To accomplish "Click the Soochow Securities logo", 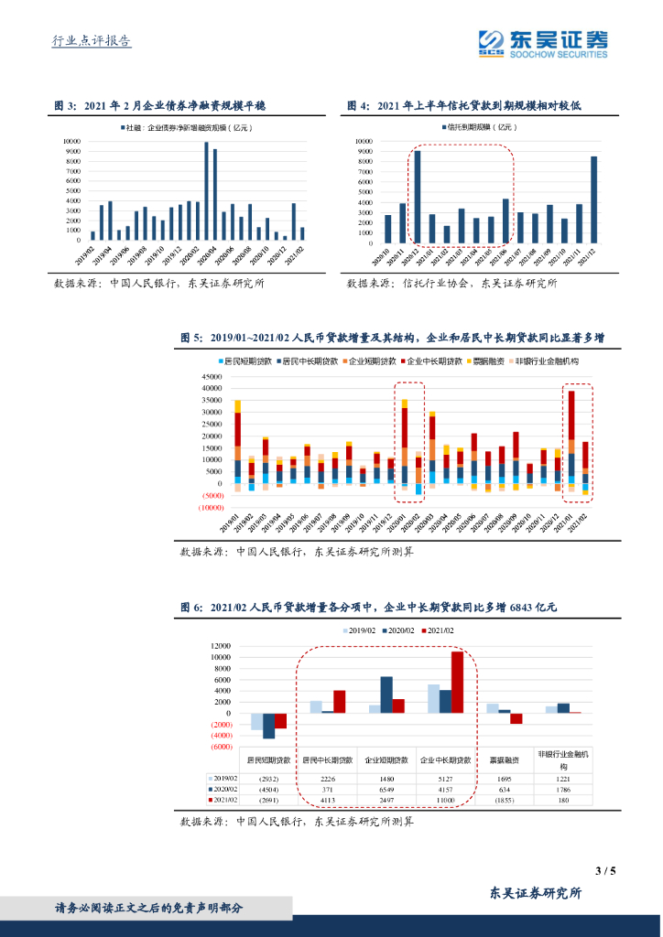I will [543, 42].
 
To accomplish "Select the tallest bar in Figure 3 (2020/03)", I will [206, 190].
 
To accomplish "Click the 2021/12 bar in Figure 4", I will [593, 198].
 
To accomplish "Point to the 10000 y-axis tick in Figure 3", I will [71, 142].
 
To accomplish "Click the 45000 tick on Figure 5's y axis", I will [212, 376].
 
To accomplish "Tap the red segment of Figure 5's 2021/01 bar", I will [571, 416].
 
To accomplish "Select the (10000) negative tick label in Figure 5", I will [212, 507].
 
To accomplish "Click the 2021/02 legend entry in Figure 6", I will [439, 630].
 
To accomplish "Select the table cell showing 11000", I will [445, 799].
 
